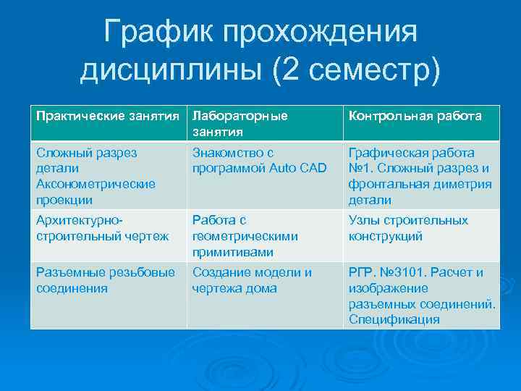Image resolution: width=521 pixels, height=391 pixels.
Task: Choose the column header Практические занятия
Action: click(108, 116)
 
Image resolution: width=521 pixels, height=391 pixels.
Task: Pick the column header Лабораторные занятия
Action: click(240, 124)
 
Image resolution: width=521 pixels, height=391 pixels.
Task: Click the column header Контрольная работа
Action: click(415, 116)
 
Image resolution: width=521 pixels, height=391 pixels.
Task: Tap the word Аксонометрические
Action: click(96, 184)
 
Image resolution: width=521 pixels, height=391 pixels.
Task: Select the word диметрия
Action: click(463, 184)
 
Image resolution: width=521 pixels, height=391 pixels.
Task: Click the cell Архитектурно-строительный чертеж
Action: click(102, 228)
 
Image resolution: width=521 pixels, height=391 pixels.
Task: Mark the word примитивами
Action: click(232, 252)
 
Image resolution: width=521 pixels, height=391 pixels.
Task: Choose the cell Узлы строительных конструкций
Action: click(408, 228)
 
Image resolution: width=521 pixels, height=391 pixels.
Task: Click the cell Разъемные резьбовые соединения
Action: click(105, 280)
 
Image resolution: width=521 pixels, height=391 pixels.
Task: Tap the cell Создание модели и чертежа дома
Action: click(251, 280)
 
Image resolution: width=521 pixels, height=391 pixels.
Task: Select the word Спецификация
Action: click(394, 319)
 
